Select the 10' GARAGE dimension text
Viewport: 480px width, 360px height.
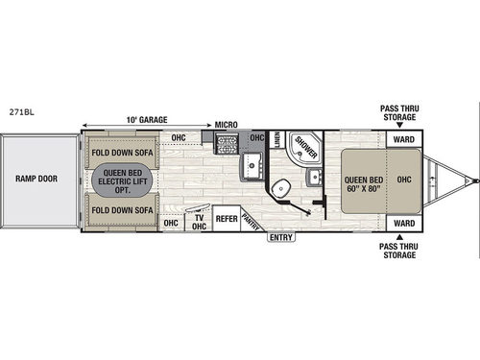pyautogui.click(x=147, y=120)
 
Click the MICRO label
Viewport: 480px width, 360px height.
pyautogui.click(x=226, y=125)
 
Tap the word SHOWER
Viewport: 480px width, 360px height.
pyautogui.click(x=307, y=147)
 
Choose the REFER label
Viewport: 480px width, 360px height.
pyautogui.click(x=227, y=219)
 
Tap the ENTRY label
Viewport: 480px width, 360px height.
pyautogui.click(x=280, y=236)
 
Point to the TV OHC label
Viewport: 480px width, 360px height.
pyautogui.click(x=200, y=222)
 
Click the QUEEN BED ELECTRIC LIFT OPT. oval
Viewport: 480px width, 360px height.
pyautogui.click(x=121, y=180)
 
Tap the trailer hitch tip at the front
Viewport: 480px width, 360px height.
pyautogui.click(x=472, y=179)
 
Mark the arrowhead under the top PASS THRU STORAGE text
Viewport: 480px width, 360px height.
pyautogui.click(x=404, y=123)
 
